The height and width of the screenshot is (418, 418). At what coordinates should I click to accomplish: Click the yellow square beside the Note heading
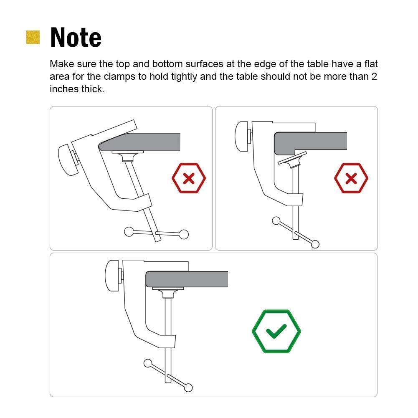pos(33,37)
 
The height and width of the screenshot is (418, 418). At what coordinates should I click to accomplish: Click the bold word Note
pos(76,37)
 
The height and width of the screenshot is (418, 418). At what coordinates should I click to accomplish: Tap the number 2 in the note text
pos(374,77)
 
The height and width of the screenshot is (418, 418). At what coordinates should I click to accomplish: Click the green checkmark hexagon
pos(276,331)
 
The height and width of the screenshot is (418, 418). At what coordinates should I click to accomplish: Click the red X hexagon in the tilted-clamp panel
pos(189,179)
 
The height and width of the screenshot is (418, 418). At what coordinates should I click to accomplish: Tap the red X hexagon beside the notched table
pos(351,178)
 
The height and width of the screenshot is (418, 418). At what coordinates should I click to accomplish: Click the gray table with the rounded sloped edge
pos(142,142)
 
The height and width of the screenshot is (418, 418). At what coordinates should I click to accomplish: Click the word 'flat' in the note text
pos(370,64)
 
